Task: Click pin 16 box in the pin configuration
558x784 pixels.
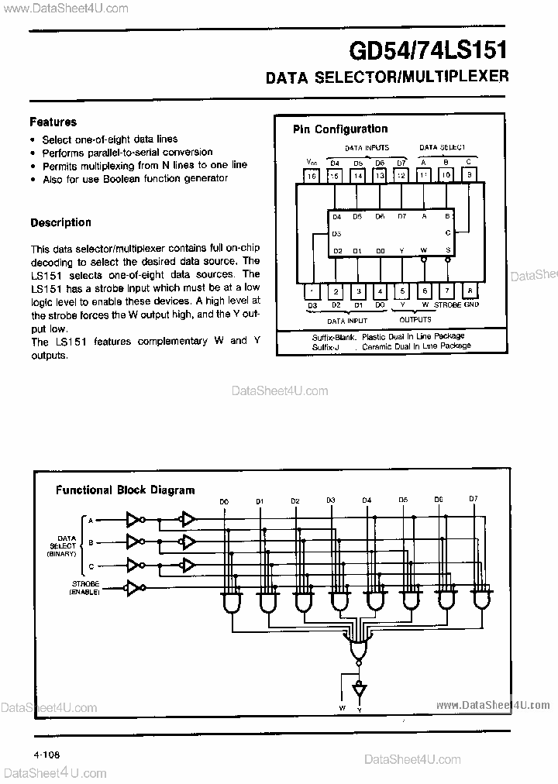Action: (312, 177)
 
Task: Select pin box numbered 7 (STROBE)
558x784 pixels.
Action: (447, 291)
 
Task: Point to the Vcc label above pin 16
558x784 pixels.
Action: (311, 162)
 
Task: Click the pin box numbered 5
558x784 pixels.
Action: (402, 291)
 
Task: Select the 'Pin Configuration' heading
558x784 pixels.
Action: (339, 129)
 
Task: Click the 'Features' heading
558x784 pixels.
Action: (53, 122)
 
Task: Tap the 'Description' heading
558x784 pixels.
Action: (60, 222)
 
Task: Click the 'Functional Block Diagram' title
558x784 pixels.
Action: (125, 490)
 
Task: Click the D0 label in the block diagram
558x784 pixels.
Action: (224, 501)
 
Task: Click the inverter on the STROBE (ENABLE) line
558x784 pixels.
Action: (135, 588)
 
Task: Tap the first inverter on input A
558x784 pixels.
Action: (135, 519)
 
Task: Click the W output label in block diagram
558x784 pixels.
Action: (342, 707)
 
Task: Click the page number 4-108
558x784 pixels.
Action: (46, 754)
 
